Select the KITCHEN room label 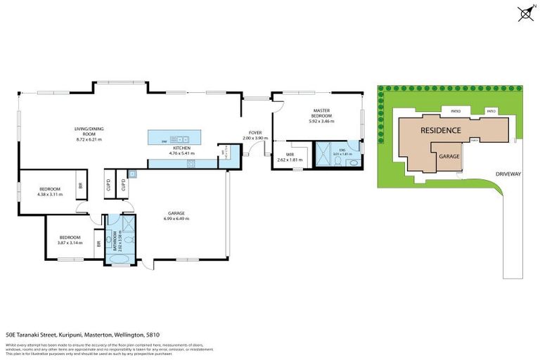[182, 150]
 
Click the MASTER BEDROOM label [321, 115]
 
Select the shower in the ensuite [324, 156]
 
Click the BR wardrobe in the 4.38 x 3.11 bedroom [80, 186]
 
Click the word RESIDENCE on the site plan [441, 131]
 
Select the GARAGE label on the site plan [449, 158]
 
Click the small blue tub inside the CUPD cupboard [131, 174]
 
